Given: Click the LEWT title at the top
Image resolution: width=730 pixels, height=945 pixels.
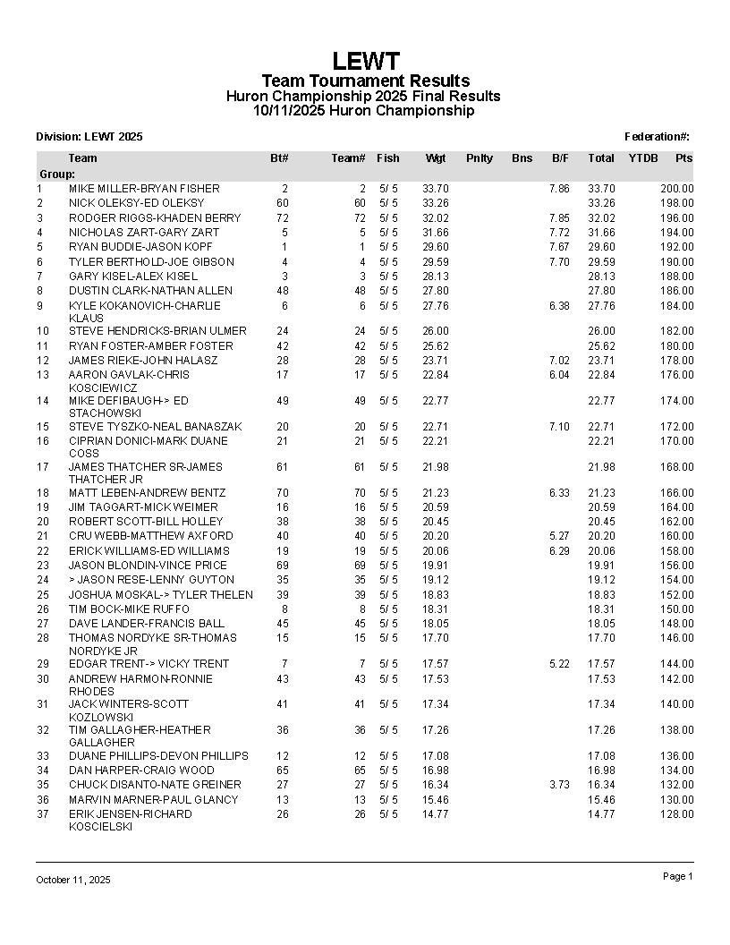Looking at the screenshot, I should (x=365, y=61).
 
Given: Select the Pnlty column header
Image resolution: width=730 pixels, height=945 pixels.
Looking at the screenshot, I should (x=479, y=158).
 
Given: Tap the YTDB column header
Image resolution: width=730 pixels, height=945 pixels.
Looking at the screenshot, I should (x=642, y=158).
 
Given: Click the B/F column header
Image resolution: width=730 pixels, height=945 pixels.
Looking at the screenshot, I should (x=560, y=158).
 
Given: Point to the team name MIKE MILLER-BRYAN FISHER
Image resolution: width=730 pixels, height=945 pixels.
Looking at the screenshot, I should (x=144, y=189).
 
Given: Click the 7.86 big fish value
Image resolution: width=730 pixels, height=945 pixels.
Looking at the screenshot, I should (x=558, y=189).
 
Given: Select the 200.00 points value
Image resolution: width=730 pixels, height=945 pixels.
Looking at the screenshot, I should (x=676, y=189).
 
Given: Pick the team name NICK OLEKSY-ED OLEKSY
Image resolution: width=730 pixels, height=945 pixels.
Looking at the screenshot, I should (x=136, y=203).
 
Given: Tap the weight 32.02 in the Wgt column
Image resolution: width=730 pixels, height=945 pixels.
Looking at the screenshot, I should (x=435, y=218).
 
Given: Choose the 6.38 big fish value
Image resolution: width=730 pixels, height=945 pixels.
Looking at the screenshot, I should (x=558, y=306).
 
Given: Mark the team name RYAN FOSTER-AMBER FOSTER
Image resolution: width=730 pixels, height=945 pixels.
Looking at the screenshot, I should (x=150, y=346).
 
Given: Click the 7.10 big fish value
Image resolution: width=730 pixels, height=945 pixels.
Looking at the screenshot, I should (x=558, y=427).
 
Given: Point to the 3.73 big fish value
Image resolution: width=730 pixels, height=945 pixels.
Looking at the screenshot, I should (x=558, y=785).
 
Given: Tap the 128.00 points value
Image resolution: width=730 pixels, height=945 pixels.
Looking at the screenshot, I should (x=676, y=814).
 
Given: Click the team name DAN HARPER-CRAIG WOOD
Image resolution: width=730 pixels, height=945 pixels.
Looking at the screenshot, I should (x=141, y=770).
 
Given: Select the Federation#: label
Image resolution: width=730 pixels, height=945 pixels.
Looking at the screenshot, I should (x=657, y=137).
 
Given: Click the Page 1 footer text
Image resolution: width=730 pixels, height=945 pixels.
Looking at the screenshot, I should (x=677, y=877).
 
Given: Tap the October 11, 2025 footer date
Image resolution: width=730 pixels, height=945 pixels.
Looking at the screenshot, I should (x=73, y=881).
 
